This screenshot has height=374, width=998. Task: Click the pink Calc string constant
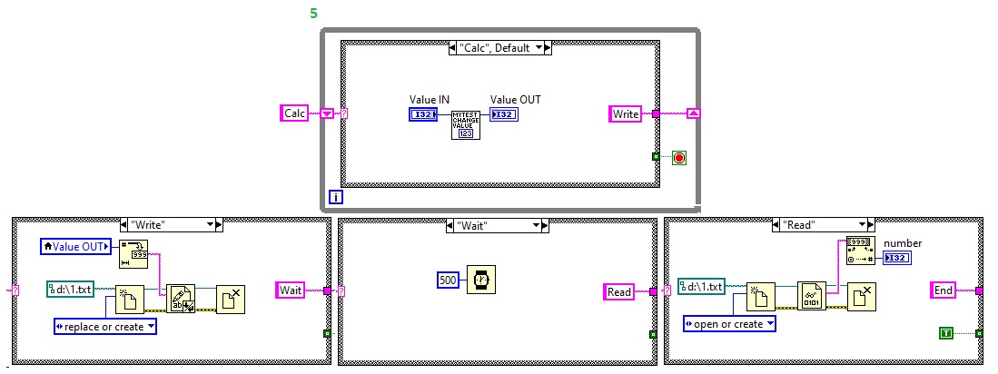(295, 113)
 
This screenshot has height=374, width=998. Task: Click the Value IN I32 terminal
(423, 114)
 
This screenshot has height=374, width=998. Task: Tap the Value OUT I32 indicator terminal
(504, 114)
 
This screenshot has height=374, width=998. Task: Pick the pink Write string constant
(626, 113)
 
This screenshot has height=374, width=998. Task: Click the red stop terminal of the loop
(679, 157)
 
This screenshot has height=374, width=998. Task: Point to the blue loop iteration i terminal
(336, 196)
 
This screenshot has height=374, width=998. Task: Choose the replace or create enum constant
(105, 326)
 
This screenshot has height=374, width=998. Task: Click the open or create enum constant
(730, 324)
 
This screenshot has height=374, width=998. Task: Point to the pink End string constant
(944, 290)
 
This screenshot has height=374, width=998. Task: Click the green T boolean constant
(947, 334)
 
